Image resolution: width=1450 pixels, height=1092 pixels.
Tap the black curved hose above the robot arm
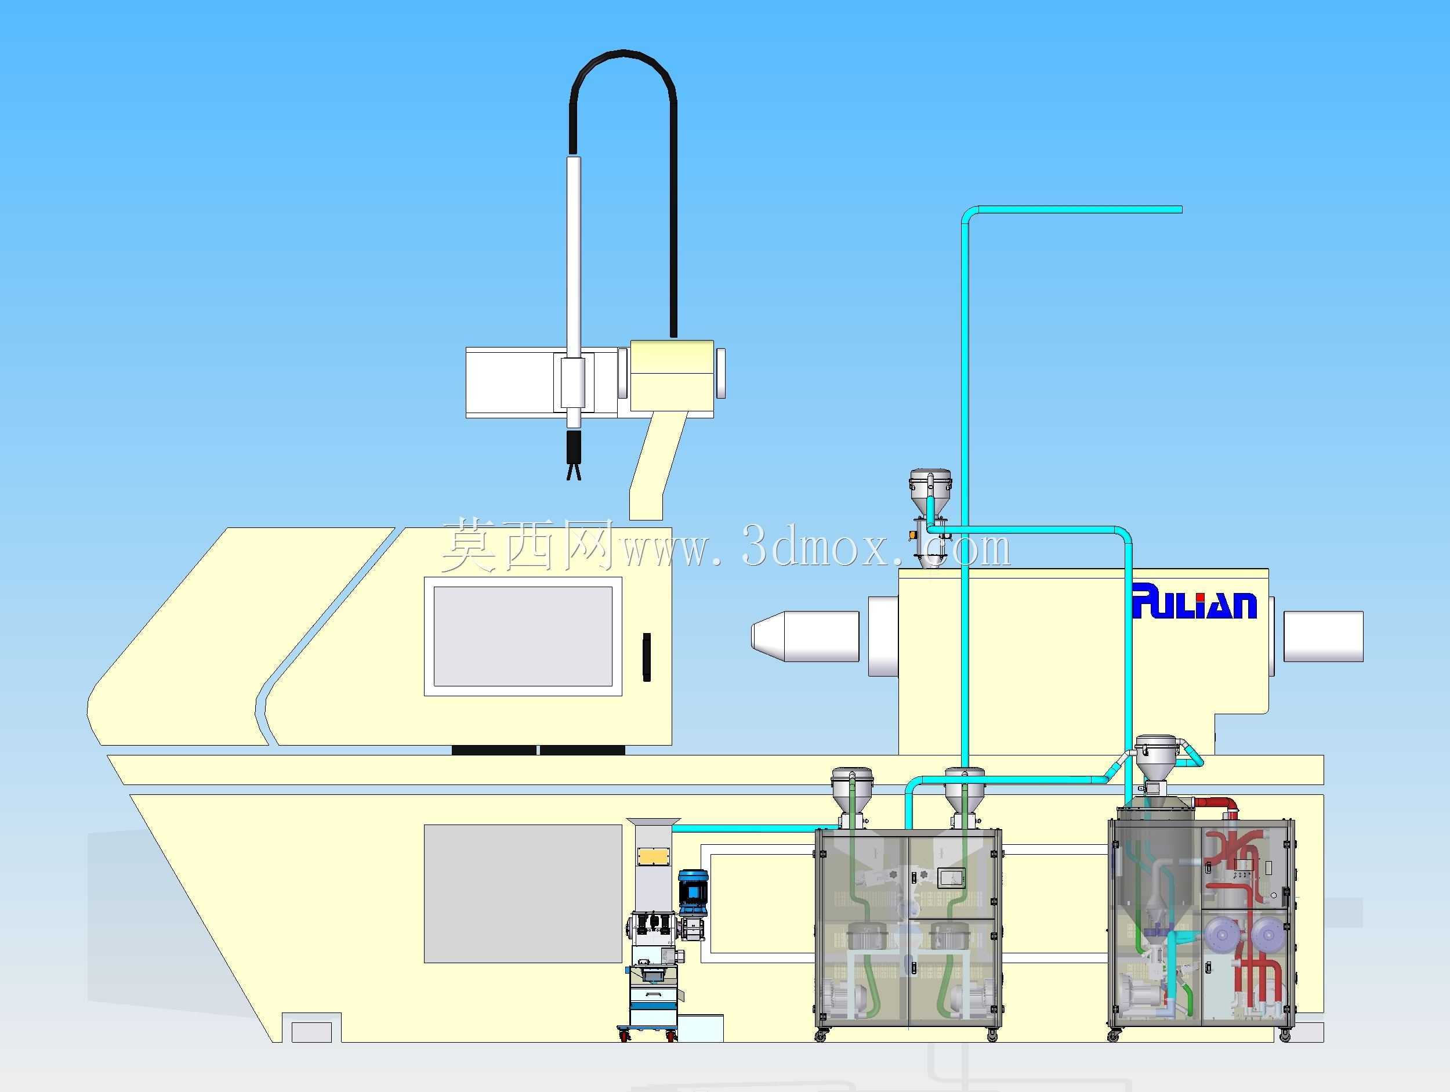tap(622, 59)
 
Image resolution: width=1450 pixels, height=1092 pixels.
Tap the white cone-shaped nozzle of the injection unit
tap(805, 636)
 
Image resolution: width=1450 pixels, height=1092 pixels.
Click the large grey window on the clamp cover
tap(523, 636)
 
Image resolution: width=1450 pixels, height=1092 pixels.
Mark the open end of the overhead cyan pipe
tap(1180, 210)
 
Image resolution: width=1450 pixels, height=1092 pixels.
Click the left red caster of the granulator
tap(624, 1036)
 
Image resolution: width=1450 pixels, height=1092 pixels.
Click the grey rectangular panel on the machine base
tap(523, 894)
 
